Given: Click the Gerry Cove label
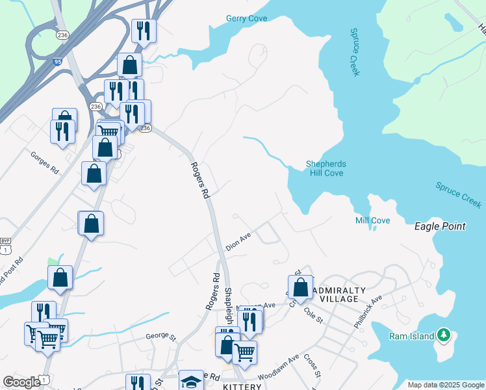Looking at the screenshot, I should point(246,19).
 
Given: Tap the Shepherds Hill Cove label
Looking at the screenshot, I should point(325,168).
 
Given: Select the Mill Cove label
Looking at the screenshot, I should point(372,221).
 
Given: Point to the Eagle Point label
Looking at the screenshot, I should point(440,226).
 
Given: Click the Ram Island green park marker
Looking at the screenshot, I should point(444,334).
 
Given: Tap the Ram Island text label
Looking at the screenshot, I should point(411,336).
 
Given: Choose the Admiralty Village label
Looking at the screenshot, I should point(335,294).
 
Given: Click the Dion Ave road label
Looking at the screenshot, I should point(238,242).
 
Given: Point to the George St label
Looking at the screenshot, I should point(161,336).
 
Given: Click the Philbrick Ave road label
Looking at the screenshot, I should point(366,313).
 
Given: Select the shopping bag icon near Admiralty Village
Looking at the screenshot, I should point(300,286).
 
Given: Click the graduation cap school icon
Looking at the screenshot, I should point(191,382).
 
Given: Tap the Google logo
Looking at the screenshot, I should point(22,382).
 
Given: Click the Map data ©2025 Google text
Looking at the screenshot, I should point(445,385).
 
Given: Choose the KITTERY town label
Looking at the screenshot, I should point(242,386).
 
